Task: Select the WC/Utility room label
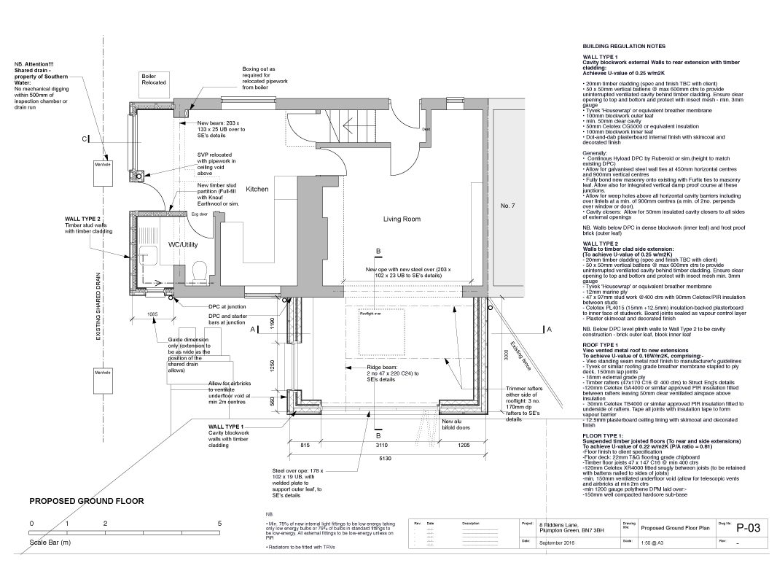tap(183, 244)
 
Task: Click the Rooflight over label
tap(370, 314)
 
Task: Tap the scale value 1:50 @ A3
tap(651, 561)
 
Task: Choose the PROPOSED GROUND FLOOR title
tap(86, 502)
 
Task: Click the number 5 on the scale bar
tap(219, 524)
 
